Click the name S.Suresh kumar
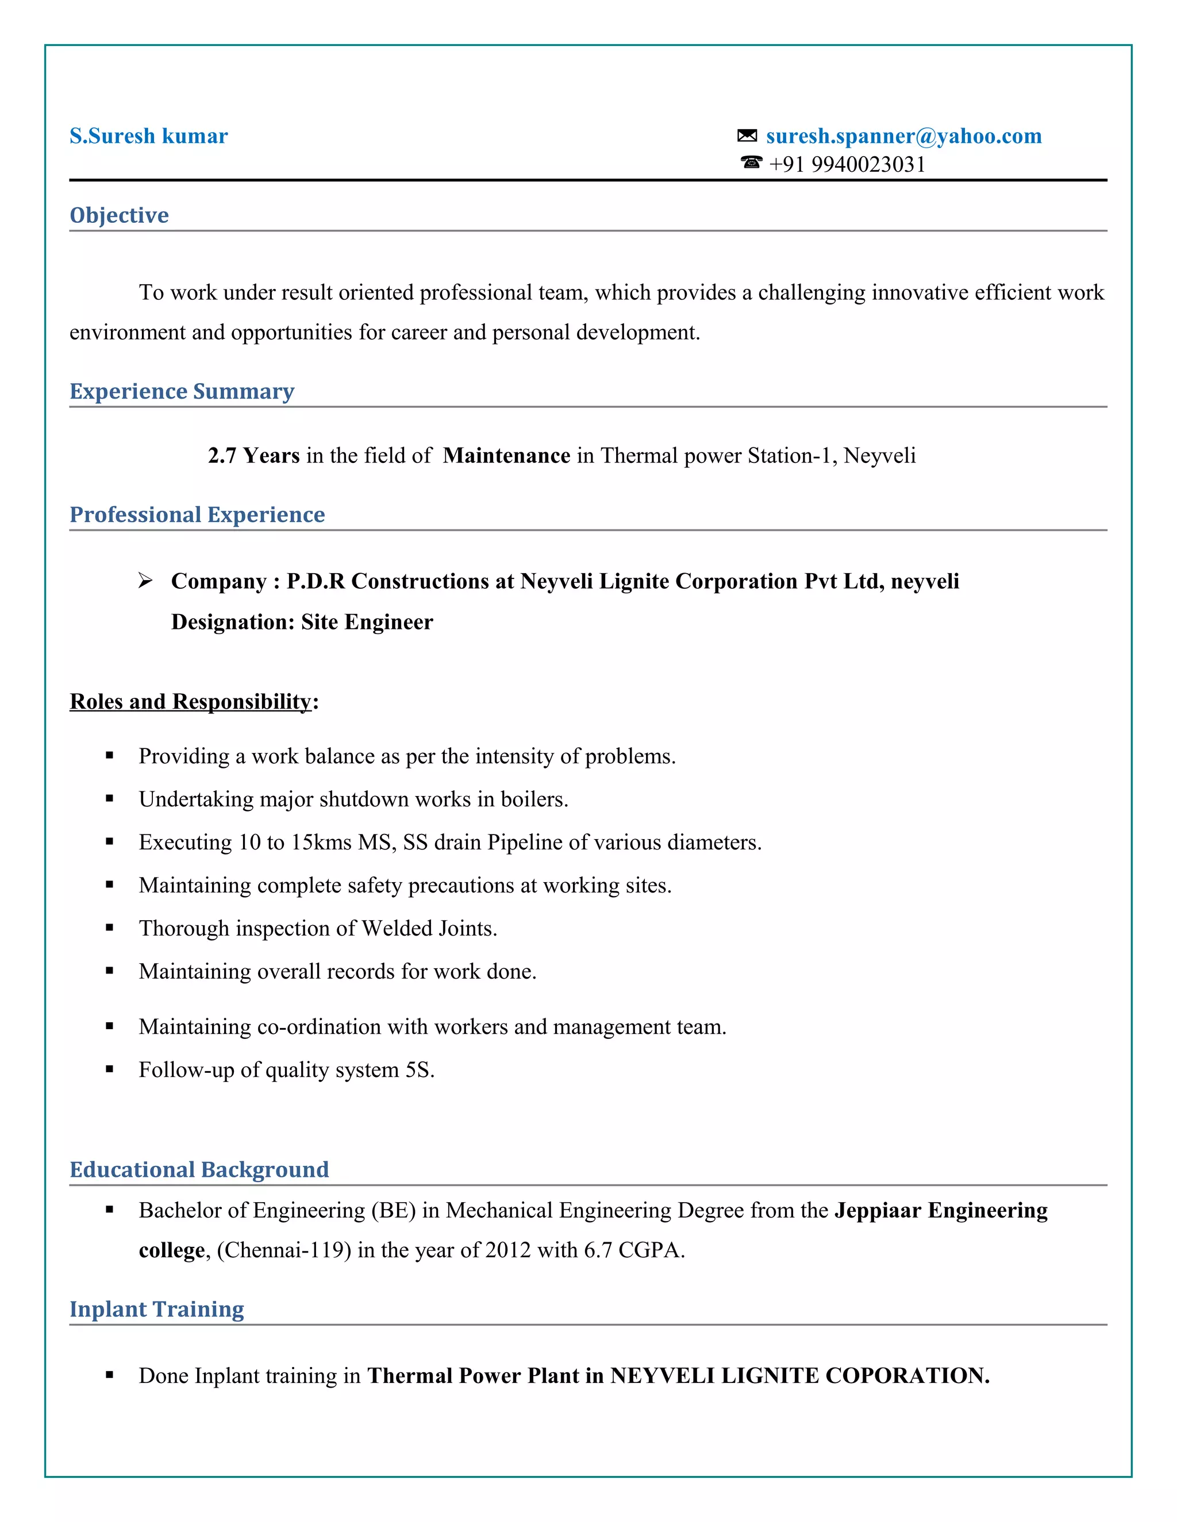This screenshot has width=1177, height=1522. coord(148,136)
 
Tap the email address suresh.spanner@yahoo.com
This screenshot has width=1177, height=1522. coord(903,136)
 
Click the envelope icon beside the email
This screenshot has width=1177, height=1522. coord(747,136)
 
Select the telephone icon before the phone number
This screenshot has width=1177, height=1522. coord(751,163)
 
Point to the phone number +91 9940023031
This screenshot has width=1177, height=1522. coord(847,164)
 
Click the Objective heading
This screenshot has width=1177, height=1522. coord(119,215)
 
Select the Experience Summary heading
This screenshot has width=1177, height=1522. coord(182,392)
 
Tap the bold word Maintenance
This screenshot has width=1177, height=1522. coord(506,456)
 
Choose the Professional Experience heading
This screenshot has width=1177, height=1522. coord(197,515)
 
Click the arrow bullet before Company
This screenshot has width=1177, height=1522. coord(145,581)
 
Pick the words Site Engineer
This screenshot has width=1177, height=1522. coord(367,623)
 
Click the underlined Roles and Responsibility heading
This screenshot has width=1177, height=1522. coord(190,702)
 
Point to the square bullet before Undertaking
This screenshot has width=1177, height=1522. coord(109,799)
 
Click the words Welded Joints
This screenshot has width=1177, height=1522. coord(428,929)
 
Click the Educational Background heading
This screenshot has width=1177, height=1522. coord(199,1170)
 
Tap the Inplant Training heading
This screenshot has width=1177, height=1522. coord(157,1309)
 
